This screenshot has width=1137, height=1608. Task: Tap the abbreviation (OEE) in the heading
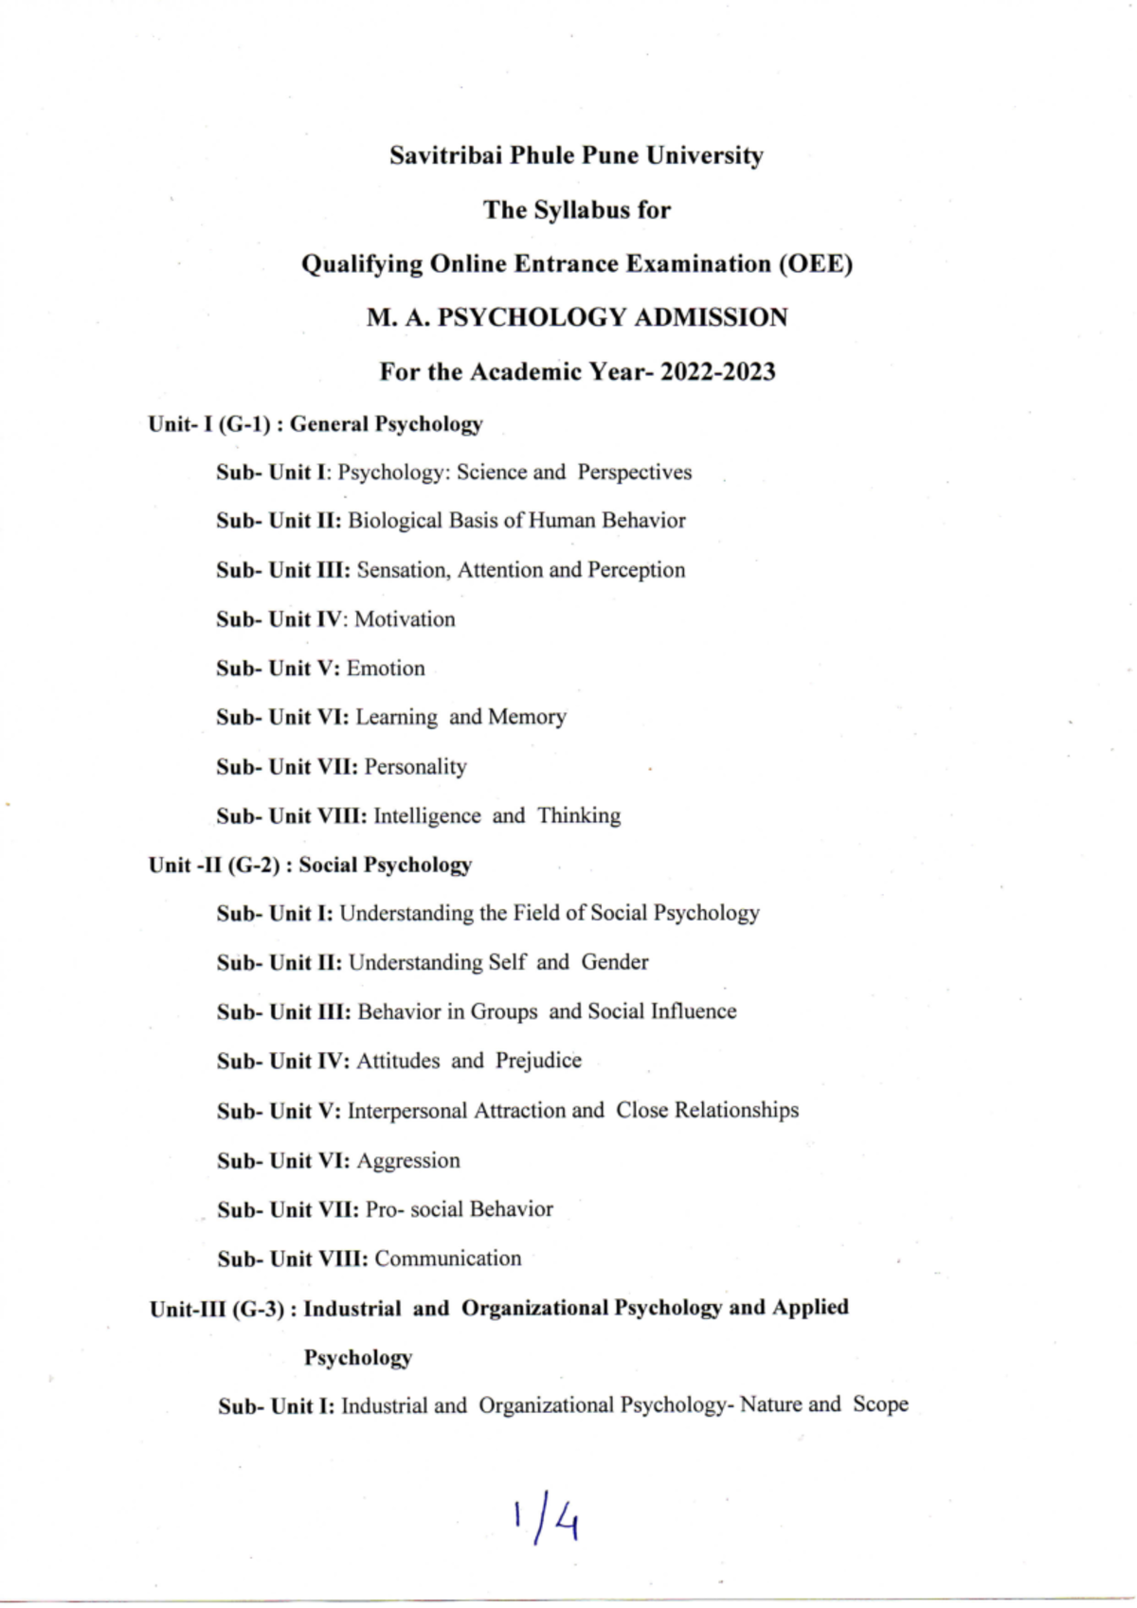816,263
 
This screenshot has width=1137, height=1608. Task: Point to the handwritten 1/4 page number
547,1519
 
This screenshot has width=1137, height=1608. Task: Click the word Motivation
405,619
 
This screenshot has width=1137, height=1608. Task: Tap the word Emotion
386,669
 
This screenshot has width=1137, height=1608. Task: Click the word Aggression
408,1161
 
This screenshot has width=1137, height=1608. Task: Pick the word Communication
448,1259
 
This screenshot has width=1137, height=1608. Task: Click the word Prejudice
538,1061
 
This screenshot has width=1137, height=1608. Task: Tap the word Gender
615,962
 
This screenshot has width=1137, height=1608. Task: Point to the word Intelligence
427,816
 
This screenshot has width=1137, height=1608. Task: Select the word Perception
636,570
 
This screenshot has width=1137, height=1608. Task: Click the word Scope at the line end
880,1404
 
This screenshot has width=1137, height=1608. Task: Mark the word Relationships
736,1110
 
